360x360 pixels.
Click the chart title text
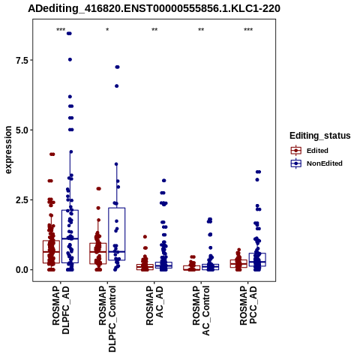(154, 9)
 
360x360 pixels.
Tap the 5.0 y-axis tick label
(21, 130)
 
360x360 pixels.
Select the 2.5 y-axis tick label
(21, 200)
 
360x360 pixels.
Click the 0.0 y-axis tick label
(21, 270)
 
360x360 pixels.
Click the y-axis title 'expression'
(8, 150)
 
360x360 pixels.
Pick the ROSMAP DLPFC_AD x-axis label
(61, 310)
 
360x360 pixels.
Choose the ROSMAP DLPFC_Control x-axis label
(107, 319)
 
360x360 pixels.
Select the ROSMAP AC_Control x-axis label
(201, 310)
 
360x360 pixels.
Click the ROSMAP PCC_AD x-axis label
(248, 305)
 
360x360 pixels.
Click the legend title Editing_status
(320, 136)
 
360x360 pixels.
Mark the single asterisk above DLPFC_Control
(107, 30)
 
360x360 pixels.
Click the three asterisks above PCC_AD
(248, 30)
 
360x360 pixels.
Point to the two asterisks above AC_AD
(154, 30)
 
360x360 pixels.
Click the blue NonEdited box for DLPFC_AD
(70, 236)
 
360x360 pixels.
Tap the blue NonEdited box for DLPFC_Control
(117, 234)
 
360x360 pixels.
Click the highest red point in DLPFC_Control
(99, 189)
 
